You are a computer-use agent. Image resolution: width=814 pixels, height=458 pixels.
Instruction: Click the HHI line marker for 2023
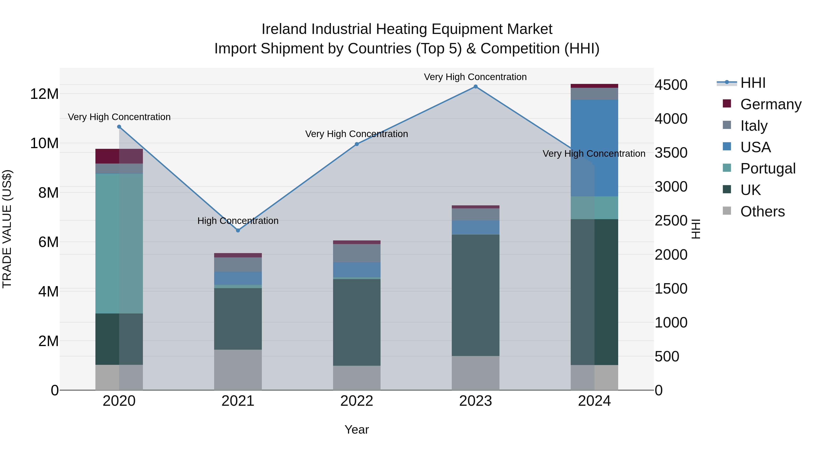[x=475, y=87]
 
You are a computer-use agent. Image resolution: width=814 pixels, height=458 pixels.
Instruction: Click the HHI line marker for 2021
[x=238, y=230]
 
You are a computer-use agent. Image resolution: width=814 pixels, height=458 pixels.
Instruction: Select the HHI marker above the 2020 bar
[x=119, y=127]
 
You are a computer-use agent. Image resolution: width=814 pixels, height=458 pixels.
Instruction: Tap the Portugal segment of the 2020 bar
[x=119, y=243]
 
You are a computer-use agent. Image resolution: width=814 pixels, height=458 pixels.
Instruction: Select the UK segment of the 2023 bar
[x=475, y=295]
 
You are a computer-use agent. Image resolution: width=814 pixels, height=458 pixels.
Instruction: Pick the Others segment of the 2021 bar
[x=238, y=370]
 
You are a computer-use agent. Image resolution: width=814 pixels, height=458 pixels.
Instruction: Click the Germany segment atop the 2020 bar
[x=119, y=156]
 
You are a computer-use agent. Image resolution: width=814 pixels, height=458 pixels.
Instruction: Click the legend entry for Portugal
[x=768, y=168]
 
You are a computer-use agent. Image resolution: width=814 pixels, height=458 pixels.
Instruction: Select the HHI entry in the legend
[x=753, y=83]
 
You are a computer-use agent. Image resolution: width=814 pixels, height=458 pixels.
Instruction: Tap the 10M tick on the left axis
[x=44, y=143]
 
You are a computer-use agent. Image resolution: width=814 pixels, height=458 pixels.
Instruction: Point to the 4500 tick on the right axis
[x=671, y=85]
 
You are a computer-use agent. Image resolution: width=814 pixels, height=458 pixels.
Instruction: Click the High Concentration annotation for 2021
[x=238, y=221]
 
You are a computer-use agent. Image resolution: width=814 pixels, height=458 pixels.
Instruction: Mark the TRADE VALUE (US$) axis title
[x=7, y=229]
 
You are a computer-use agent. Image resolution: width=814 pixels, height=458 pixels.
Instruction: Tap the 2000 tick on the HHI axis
[x=671, y=254]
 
